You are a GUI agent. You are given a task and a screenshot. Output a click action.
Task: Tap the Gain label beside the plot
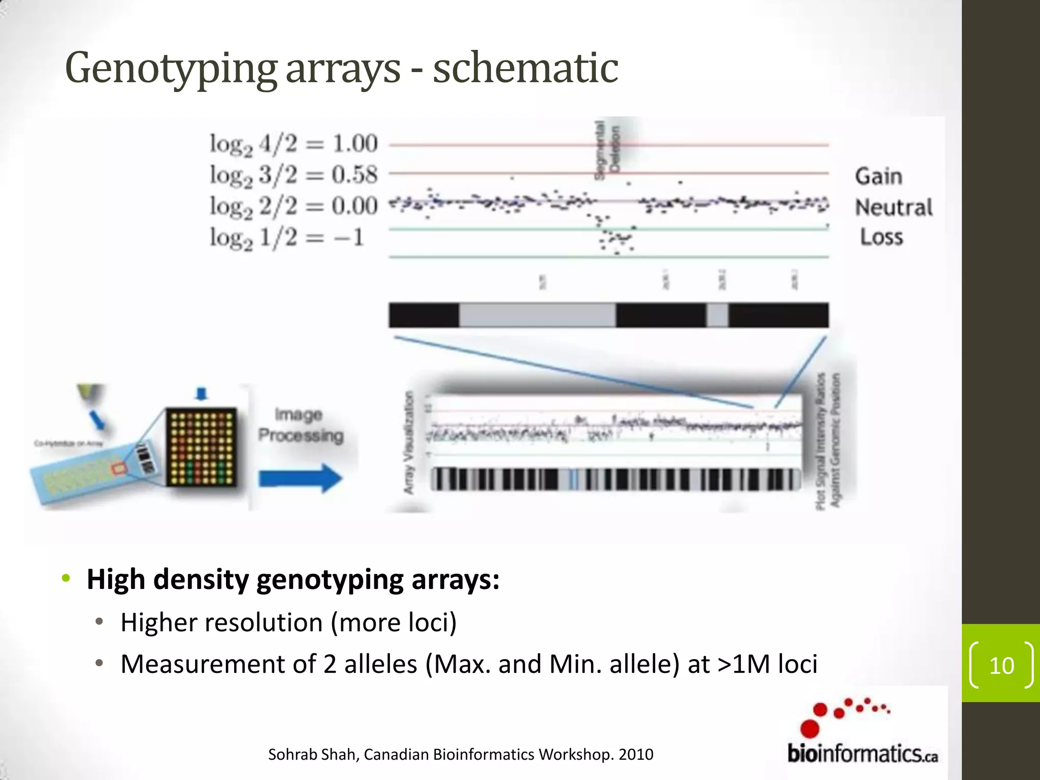click(879, 177)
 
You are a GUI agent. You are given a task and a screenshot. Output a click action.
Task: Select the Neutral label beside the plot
click(894, 208)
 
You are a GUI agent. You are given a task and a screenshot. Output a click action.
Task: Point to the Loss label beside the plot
click(882, 237)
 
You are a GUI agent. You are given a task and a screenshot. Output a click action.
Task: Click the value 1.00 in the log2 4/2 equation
click(355, 144)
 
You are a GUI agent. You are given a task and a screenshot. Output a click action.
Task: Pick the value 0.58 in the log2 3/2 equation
click(355, 175)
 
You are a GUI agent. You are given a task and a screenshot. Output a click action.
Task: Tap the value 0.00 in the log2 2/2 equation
click(355, 206)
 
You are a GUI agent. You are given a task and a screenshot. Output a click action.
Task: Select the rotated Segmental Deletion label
click(607, 150)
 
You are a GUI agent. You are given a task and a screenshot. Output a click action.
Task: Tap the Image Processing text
click(300, 426)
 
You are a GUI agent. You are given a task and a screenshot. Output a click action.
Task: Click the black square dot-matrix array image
click(202, 447)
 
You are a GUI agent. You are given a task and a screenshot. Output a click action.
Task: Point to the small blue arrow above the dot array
click(202, 394)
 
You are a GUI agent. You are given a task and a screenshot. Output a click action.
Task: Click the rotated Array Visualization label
click(409, 442)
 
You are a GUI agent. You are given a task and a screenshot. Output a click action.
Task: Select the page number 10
click(1001, 666)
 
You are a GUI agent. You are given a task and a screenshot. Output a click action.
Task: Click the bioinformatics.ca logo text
click(862, 754)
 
